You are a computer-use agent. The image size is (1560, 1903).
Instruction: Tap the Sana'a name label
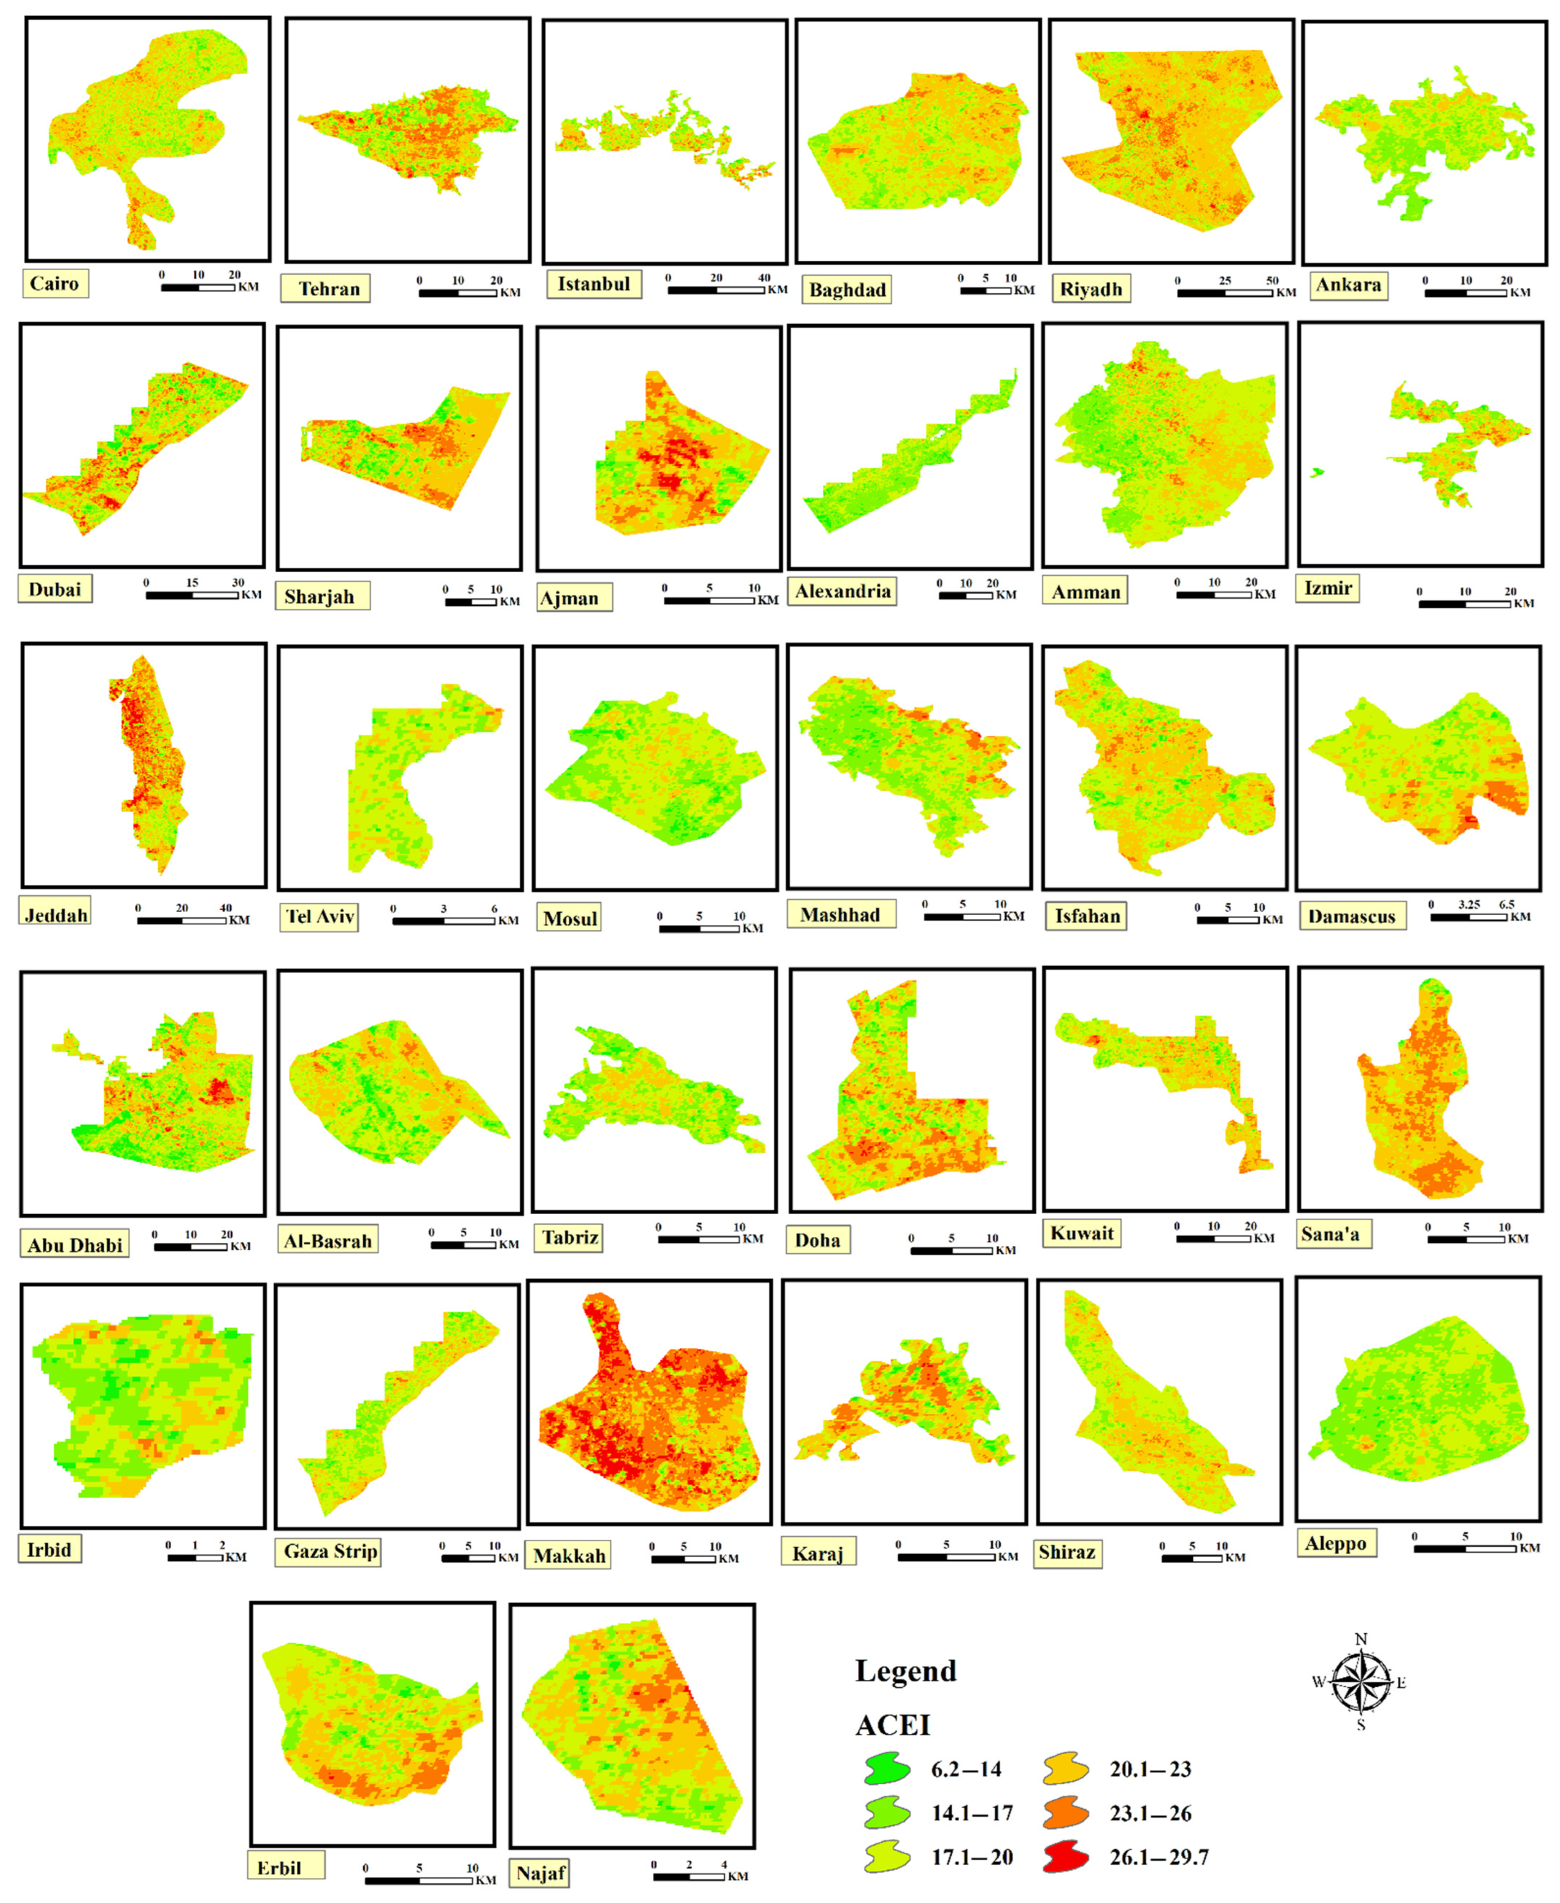(x=1330, y=1234)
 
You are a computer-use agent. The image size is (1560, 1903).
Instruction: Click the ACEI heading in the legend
(x=892, y=1725)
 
